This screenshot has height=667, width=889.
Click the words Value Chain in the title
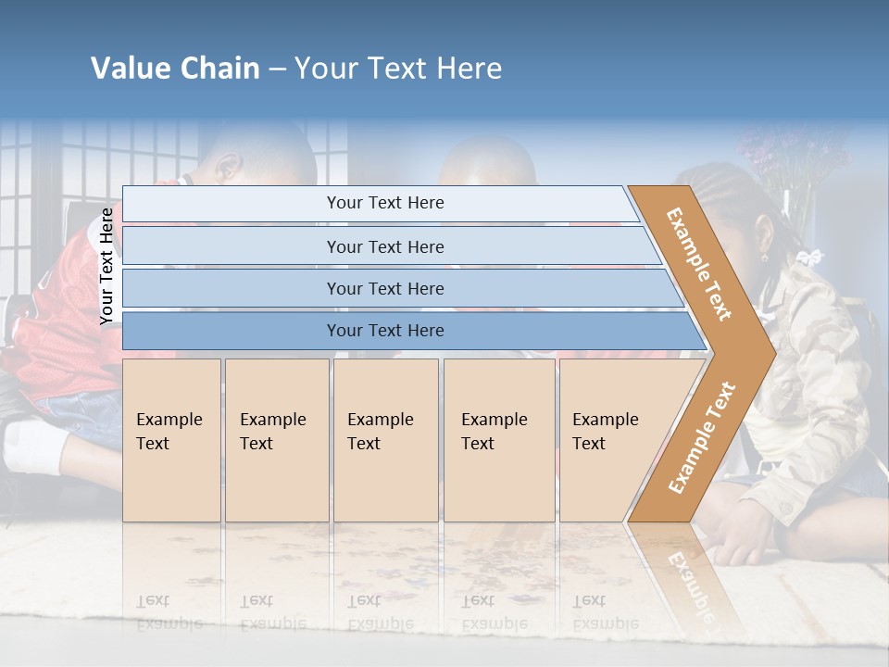tap(175, 69)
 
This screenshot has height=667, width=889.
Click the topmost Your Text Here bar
tap(384, 203)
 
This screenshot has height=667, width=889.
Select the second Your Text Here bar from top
tap(384, 246)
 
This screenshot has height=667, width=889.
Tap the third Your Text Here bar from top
tap(384, 288)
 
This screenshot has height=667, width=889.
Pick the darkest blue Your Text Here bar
tap(384, 331)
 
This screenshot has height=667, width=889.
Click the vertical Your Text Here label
tap(106, 267)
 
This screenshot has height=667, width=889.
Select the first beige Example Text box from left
tap(171, 439)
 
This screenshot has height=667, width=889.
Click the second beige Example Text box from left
tap(276, 439)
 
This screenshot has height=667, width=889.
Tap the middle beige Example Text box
tap(385, 439)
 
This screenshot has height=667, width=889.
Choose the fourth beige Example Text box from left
tap(499, 439)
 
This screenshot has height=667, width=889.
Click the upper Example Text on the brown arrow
tap(699, 264)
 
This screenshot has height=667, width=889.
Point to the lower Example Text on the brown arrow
tap(702, 438)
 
